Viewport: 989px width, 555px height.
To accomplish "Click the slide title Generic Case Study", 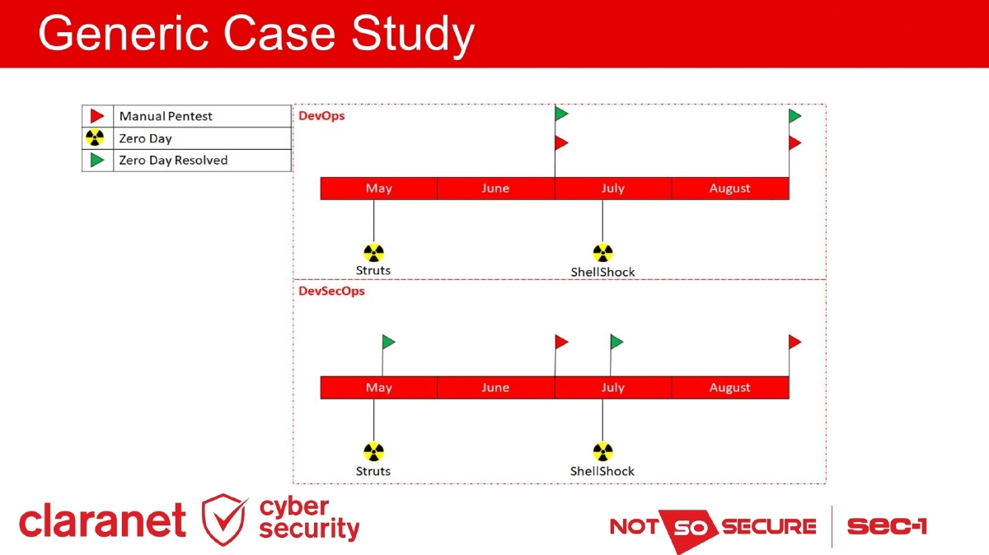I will coord(255,35).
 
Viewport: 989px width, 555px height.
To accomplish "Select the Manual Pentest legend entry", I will coord(166,116).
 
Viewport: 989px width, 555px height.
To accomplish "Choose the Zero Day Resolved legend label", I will coord(173,161).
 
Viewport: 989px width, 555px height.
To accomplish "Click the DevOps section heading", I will coord(321,116).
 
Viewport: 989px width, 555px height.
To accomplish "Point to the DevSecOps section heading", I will coord(331,291).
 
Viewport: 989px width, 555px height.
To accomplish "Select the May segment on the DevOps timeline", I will coord(378,189).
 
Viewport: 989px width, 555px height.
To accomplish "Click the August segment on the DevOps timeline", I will coord(729,189).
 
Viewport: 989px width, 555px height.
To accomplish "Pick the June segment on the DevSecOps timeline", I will coord(495,388).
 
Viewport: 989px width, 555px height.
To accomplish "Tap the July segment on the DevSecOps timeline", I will coord(612,388).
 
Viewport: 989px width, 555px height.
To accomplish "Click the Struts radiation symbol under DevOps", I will coord(373,253).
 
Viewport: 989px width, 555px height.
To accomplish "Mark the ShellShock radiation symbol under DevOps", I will coord(602,253).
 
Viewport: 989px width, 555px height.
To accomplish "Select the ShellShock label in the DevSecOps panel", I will coord(602,471).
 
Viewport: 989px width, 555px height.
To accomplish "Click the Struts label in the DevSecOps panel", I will coord(373,471).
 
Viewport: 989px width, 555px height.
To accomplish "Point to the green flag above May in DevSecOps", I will coord(389,342).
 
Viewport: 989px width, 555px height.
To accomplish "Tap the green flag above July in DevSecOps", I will coord(616,342).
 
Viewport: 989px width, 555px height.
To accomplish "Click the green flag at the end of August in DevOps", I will coord(795,116).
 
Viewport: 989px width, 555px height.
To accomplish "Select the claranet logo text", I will coord(103,520).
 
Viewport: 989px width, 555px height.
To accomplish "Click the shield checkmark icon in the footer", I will coord(224,520).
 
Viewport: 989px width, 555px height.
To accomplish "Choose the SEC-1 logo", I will coord(886,526).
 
